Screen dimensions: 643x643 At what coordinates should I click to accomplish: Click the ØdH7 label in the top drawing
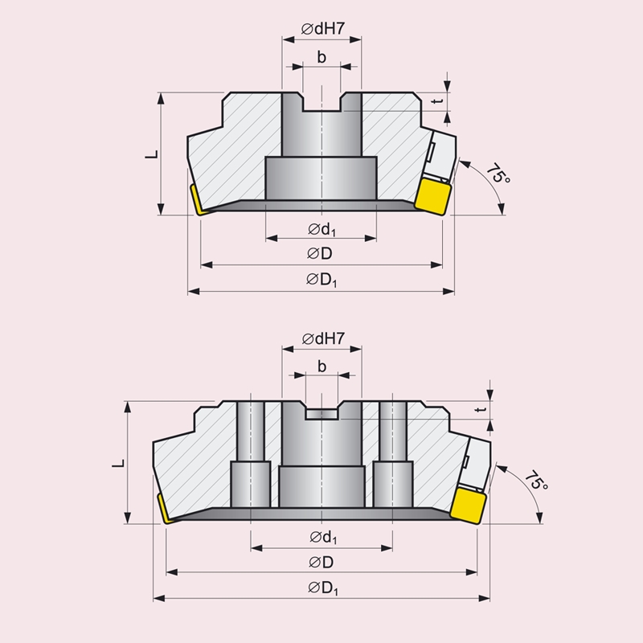click(x=323, y=28)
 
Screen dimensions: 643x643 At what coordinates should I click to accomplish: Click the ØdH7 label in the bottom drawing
click(x=324, y=338)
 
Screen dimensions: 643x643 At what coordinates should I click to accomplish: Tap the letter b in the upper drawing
click(x=322, y=57)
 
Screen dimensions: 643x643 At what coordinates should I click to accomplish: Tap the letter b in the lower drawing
click(x=322, y=367)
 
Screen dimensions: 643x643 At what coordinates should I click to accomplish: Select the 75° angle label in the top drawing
click(x=498, y=174)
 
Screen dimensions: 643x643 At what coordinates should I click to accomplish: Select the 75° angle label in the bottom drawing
click(x=536, y=480)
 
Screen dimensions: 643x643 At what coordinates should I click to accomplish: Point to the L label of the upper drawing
click(x=152, y=154)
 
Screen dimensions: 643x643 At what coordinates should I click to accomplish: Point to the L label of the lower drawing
click(x=118, y=464)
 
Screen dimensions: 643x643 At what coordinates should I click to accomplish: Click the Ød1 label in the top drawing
click(x=322, y=230)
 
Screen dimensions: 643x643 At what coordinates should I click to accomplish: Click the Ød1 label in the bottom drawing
click(x=323, y=538)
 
